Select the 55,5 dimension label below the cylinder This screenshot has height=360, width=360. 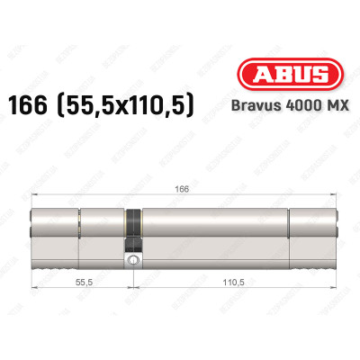81,281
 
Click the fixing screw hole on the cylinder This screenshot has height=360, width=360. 133,260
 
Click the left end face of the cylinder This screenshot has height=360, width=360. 33,232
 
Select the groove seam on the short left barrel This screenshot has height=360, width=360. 79,232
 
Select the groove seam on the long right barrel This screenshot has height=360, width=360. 288,232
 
